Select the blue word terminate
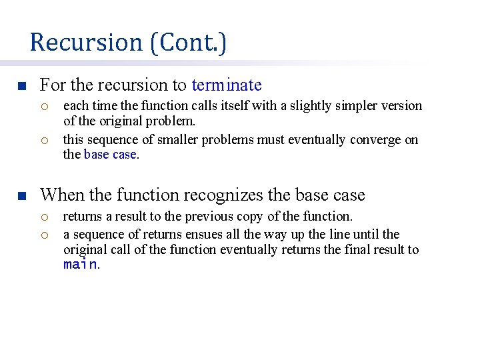tap(227, 85)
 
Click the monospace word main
tap(80, 265)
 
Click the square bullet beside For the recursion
tap(21, 87)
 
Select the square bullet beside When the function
tap(21, 197)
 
